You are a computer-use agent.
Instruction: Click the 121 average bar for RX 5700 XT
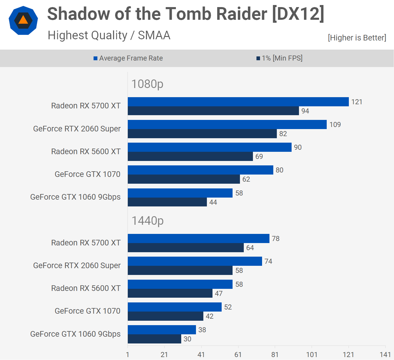(x=238, y=102)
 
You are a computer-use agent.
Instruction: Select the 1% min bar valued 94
(x=213, y=111)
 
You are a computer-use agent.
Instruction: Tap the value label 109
(x=335, y=125)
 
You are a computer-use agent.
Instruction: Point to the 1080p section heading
(x=147, y=84)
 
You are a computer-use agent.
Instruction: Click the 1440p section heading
(x=147, y=221)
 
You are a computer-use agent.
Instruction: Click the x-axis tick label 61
(x=238, y=354)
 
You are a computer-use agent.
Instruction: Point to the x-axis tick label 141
(x=385, y=354)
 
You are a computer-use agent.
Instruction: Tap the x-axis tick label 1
(x=127, y=354)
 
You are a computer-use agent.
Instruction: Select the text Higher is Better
(x=357, y=38)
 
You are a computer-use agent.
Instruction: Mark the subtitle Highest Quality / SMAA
(x=109, y=35)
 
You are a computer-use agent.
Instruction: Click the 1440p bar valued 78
(x=198, y=239)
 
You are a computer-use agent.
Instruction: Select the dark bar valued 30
(x=154, y=339)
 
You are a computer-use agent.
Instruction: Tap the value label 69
(x=259, y=157)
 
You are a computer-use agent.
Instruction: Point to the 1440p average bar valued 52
(x=174, y=307)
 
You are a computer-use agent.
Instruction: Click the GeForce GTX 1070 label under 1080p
(x=87, y=174)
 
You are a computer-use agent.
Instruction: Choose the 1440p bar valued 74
(x=195, y=261)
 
